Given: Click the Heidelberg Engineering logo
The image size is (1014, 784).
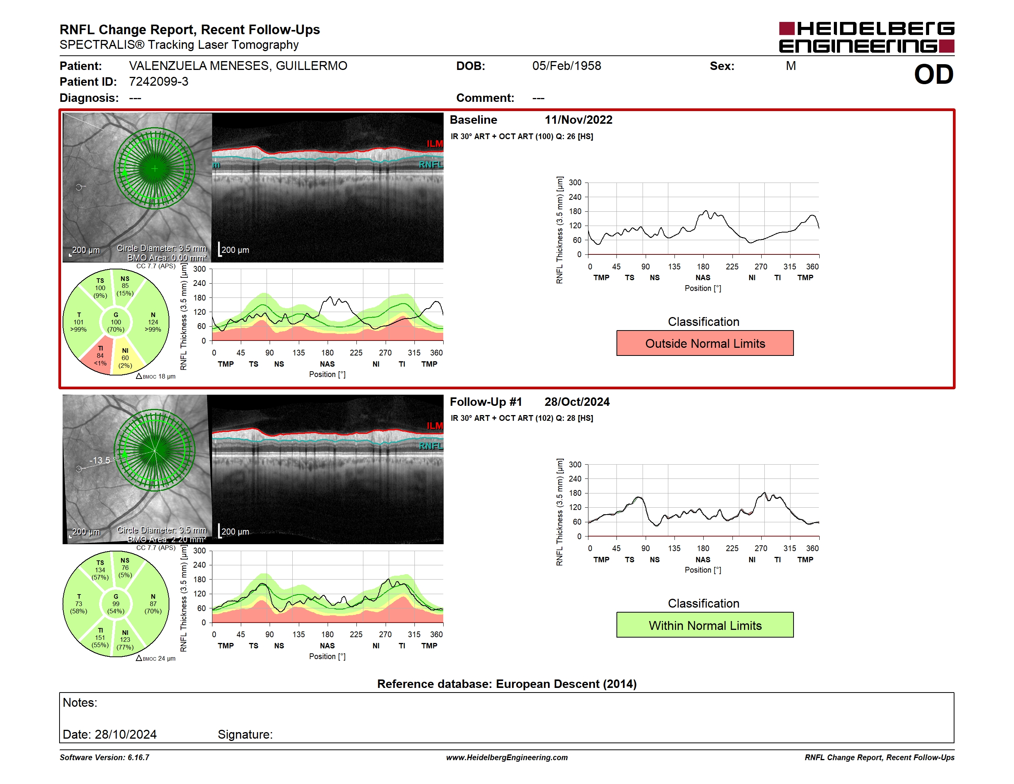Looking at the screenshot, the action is (867, 37).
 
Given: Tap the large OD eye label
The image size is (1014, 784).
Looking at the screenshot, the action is (934, 75).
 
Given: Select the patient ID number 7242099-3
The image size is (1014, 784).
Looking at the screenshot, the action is (159, 82).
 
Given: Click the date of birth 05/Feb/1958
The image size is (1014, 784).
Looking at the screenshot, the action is (567, 66).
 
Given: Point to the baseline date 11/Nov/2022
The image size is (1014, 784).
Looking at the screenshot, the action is (578, 120).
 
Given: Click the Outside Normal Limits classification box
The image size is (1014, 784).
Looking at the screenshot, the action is (705, 343).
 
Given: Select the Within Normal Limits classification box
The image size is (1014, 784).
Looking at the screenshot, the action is (705, 625).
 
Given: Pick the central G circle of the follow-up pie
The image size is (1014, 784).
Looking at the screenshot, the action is (116, 603).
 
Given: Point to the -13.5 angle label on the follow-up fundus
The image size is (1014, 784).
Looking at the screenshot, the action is (100, 460).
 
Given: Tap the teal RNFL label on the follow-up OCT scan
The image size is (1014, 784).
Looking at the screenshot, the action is (431, 446).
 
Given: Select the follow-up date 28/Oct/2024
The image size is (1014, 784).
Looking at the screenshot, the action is (577, 402).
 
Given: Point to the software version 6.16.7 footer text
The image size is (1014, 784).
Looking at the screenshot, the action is (104, 757).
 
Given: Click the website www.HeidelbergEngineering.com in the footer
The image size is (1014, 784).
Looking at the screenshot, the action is (507, 757).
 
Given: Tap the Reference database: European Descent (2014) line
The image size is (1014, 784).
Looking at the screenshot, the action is (507, 684).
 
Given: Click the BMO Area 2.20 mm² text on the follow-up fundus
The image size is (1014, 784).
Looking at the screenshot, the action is (167, 539).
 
